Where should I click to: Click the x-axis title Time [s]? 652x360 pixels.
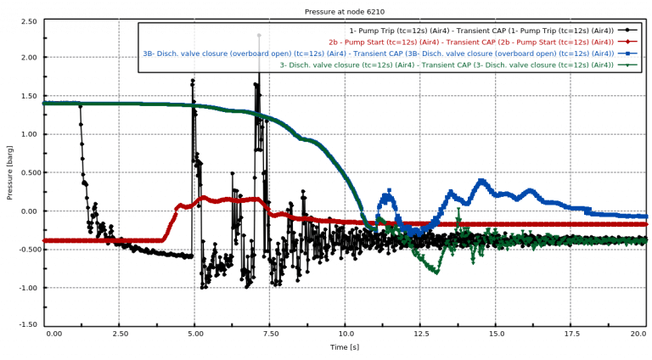(344, 347)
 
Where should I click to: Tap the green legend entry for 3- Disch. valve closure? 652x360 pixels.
(447, 65)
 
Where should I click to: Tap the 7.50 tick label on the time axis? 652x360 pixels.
(269, 335)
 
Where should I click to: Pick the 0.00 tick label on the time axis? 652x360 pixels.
(54, 335)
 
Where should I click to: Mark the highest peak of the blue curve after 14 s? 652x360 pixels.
(482, 180)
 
